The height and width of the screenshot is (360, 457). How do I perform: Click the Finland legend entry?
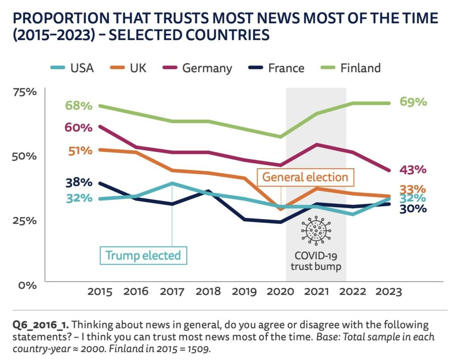(x=350, y=68)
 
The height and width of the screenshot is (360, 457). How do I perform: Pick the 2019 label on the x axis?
(x=244, y=292)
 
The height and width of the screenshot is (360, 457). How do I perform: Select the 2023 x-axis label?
(x=388, y=292)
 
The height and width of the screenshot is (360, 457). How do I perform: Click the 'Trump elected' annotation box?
(x=143, y=256)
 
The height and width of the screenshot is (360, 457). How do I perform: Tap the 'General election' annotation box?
(x=305, y=177)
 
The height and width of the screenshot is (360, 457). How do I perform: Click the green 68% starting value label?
(x=79, y=106)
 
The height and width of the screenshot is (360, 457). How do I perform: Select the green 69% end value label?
(x=413, y=102)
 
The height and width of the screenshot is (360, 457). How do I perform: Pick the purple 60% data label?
(x=79, y=128)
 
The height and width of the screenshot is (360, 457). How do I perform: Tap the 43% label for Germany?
(x=413, y=170)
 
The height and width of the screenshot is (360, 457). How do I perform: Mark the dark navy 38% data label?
(x=79, y=182)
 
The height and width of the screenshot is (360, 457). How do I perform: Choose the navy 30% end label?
(x=413, y=208)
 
